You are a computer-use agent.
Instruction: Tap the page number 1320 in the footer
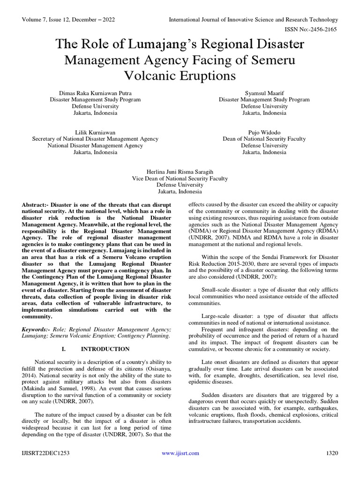tap(332, 453)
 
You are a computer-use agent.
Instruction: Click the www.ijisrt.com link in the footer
tap(180, 453)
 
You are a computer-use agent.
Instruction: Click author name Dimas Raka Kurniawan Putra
tap(95, 93)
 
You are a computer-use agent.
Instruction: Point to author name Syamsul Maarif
tap(264, 93)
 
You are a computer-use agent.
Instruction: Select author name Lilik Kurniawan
tap(95, 132)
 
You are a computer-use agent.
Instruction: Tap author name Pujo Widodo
tap(264, 132)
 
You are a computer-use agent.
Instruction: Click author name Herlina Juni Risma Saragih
tap(180, 172)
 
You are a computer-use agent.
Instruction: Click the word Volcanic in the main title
tap(153, 75)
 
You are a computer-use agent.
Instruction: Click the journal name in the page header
tap(254, 20)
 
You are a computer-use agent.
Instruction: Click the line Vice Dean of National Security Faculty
tap(180, 178)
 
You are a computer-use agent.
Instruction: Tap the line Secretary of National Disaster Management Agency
tap(95, 139)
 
